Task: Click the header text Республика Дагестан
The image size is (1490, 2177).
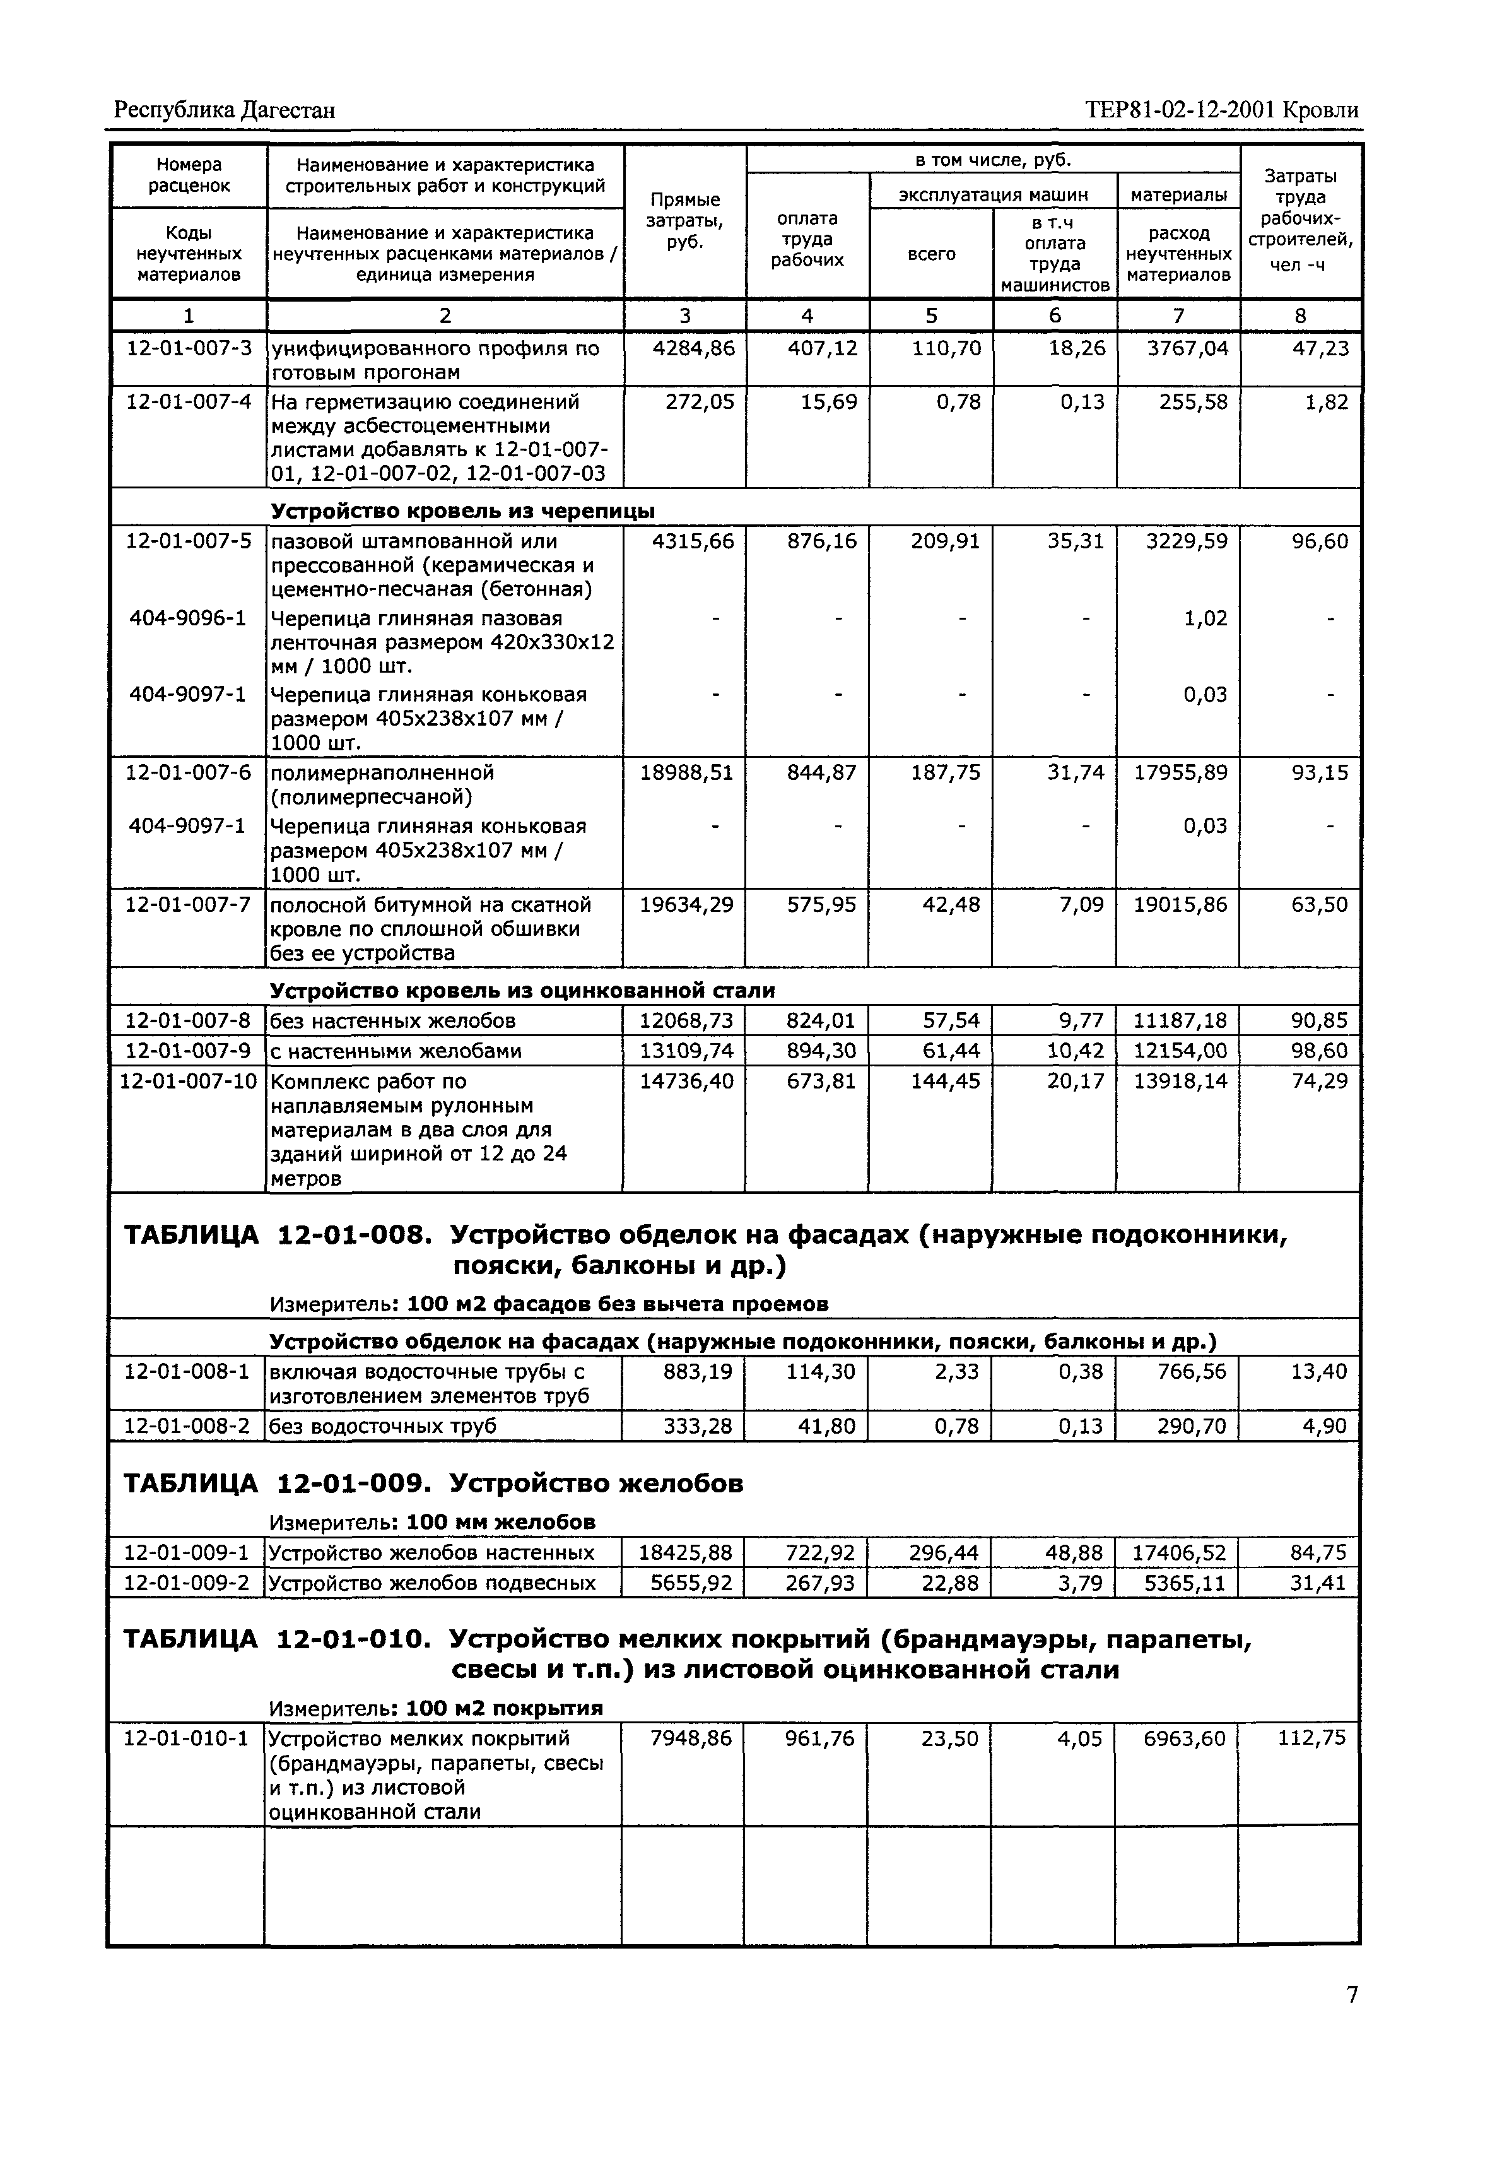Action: (x=224, y=110)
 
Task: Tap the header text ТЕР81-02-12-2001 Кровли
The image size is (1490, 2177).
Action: (x=1222, y=110)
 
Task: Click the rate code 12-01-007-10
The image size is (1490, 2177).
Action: (x=188, y=1081)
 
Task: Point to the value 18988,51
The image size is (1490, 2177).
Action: (x=686, y=773)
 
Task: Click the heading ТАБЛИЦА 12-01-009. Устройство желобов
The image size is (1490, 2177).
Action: (x=433, y=1484)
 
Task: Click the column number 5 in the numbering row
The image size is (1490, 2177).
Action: (x=931, y=316)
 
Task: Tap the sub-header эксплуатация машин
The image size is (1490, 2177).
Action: (x=993, y=195)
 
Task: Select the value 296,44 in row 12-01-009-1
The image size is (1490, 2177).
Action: (x=943, y=1553)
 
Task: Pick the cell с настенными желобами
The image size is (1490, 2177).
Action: (x=396, y=1051)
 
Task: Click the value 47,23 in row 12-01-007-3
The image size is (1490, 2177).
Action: (x=1320, y=348)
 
